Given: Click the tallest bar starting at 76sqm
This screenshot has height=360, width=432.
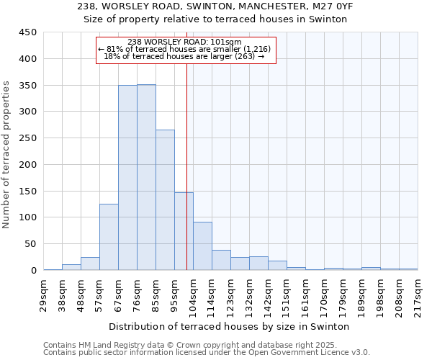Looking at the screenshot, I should (146, 177).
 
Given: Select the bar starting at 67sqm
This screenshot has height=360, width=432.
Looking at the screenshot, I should (127, 178).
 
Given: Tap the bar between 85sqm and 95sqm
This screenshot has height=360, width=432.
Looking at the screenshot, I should (165, 200).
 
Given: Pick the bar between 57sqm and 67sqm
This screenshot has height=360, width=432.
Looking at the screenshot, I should (109, 237).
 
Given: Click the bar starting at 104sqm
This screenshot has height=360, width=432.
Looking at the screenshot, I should (202, 246).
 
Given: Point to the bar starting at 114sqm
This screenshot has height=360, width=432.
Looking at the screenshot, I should (221, 260).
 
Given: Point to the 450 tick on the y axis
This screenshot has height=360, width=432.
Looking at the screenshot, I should (29, 32).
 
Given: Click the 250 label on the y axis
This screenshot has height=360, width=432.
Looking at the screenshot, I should (29, 138).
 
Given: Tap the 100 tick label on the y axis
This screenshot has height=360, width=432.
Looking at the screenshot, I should (29, 217).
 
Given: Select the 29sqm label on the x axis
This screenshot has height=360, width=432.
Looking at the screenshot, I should (44, 294).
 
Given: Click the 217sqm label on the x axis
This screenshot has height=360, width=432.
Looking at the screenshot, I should (418, 294).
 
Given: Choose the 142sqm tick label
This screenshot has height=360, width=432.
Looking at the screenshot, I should (269, 294).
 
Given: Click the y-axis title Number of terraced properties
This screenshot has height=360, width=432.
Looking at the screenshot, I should (7, 154).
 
